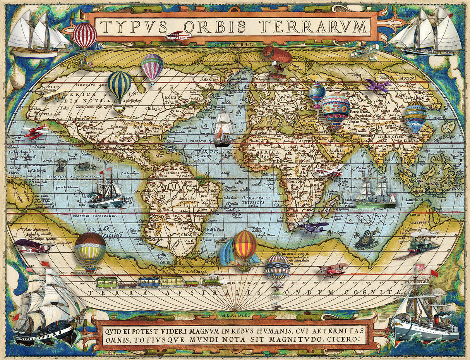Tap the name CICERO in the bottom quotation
coord(340,339)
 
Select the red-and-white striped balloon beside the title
coord(84,36)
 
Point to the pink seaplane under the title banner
coord(178,36)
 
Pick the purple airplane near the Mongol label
coord(377,85)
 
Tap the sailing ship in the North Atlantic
coord(223,130)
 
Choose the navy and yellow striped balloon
coord(120,87)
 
